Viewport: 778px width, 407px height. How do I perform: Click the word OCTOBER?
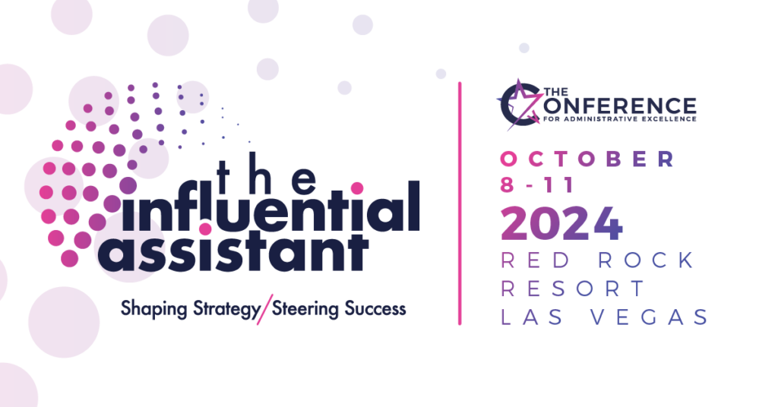587,159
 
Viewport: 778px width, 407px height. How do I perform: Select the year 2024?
562,224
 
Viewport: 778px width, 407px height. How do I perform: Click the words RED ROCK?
597,260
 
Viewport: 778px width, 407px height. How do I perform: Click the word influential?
258,207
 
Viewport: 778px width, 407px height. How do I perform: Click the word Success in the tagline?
373,309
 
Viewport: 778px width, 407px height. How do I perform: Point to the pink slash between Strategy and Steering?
263,310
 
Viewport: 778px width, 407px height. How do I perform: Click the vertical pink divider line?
460,203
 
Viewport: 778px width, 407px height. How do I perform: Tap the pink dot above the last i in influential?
357,187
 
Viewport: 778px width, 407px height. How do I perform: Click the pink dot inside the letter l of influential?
204,227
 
